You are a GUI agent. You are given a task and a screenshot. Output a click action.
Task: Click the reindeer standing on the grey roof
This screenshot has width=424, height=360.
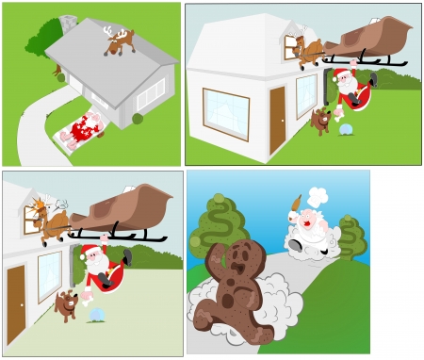coord(120,41)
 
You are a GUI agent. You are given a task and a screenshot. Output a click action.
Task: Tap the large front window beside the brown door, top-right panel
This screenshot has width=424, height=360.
coord(226,114)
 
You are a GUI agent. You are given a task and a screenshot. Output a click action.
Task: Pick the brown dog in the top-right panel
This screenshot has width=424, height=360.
coord(321,121)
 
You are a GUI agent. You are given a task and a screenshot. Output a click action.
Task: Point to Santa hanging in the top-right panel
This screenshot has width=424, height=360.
coord(350,88)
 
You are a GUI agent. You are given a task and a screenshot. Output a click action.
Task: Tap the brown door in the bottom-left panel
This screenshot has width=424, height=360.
coord(15,291)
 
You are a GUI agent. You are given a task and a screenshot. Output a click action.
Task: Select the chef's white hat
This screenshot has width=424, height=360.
coord(318,198)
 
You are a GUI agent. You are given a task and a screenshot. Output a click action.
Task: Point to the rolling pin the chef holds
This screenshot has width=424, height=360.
coord(296,203)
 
